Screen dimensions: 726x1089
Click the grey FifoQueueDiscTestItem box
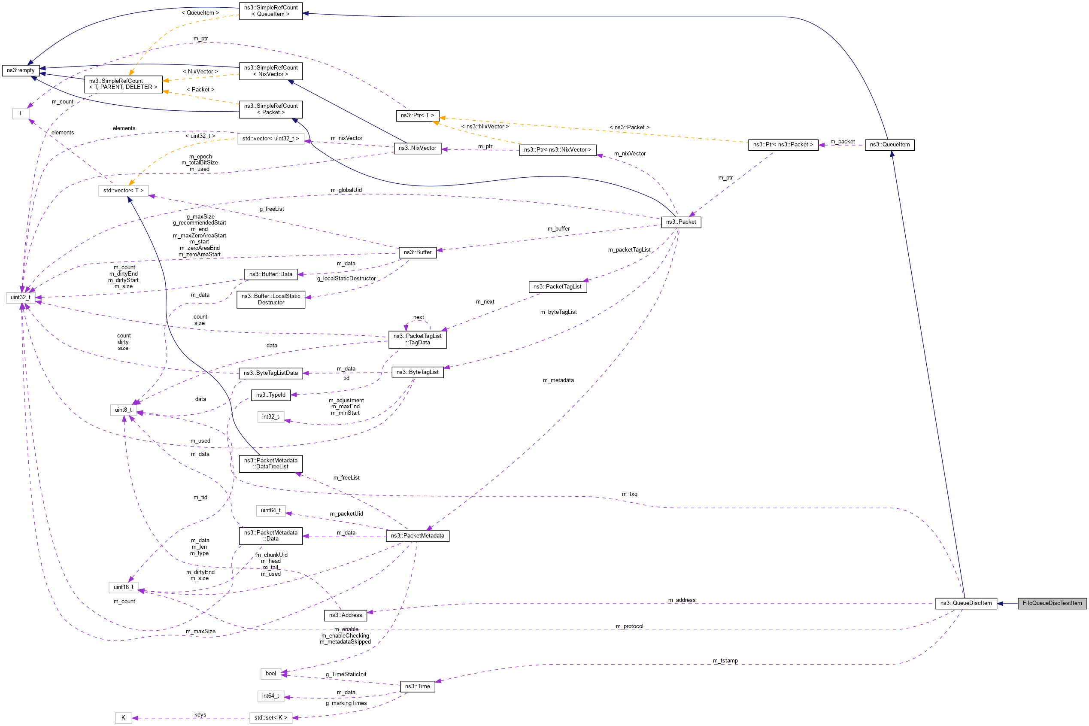[1052, 603]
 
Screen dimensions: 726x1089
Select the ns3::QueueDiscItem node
[965, 603]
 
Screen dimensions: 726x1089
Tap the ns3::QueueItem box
[889, 144]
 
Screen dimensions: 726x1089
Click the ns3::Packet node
[680, 222]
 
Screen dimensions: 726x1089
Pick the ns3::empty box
[20, 70]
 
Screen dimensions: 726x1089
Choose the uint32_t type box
[20, 297]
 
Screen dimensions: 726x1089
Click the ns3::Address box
[345, 615]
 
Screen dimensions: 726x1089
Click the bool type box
[271, 673]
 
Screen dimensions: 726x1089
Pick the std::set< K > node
[270, 718]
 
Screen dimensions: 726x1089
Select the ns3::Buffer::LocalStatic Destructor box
[271, 299]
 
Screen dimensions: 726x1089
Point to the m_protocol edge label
[629, 626]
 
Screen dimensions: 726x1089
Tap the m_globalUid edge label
[346, 190]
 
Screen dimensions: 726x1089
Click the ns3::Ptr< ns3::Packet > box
[783, 144]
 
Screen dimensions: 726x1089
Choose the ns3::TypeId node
[271, 395]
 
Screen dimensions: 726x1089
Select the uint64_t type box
[270, 510]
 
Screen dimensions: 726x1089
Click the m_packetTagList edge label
[628, 249]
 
